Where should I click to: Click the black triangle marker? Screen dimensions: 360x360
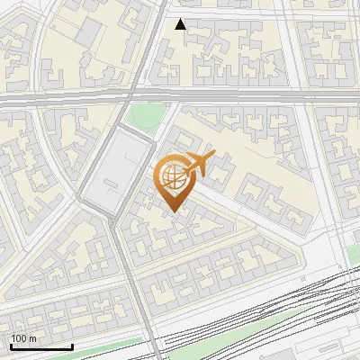tap(181, 24)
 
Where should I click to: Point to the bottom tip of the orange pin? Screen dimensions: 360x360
tap(173, 211)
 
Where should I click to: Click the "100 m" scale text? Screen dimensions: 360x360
tap(24, 337)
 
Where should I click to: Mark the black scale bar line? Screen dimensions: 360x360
tap(41, 346)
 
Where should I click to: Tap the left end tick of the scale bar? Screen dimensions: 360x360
tap(11, 345)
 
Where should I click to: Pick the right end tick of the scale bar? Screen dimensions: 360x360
tap(72, 345)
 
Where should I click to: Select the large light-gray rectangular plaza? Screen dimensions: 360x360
tap(115, 171)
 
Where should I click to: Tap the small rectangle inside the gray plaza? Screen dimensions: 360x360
tap(109, 187)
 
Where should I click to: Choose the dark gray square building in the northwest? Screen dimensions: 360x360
tap(89, 33)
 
